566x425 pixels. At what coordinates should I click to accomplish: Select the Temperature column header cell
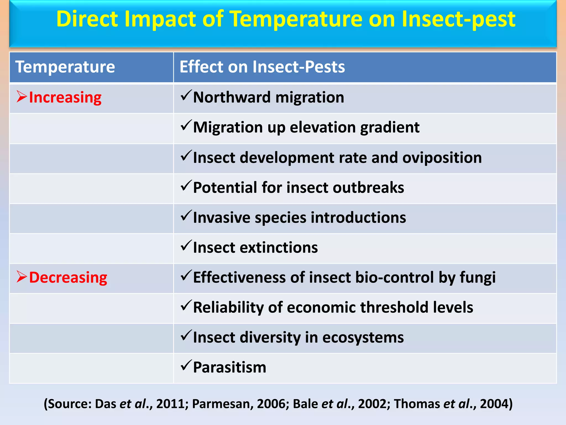[x=65, y=67]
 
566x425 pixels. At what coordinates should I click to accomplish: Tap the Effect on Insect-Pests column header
[x=262, y=67]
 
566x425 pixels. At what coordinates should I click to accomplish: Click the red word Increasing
[x=65, y=97]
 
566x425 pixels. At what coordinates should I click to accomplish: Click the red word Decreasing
[x=68, y=277]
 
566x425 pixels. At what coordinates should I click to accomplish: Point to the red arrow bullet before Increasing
[x=22, y=97]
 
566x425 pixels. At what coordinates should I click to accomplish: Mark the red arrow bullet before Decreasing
[x=22, y=277]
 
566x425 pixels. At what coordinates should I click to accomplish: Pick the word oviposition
[x=442, y=157]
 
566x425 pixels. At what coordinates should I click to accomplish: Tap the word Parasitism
[x=229, y=367]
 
